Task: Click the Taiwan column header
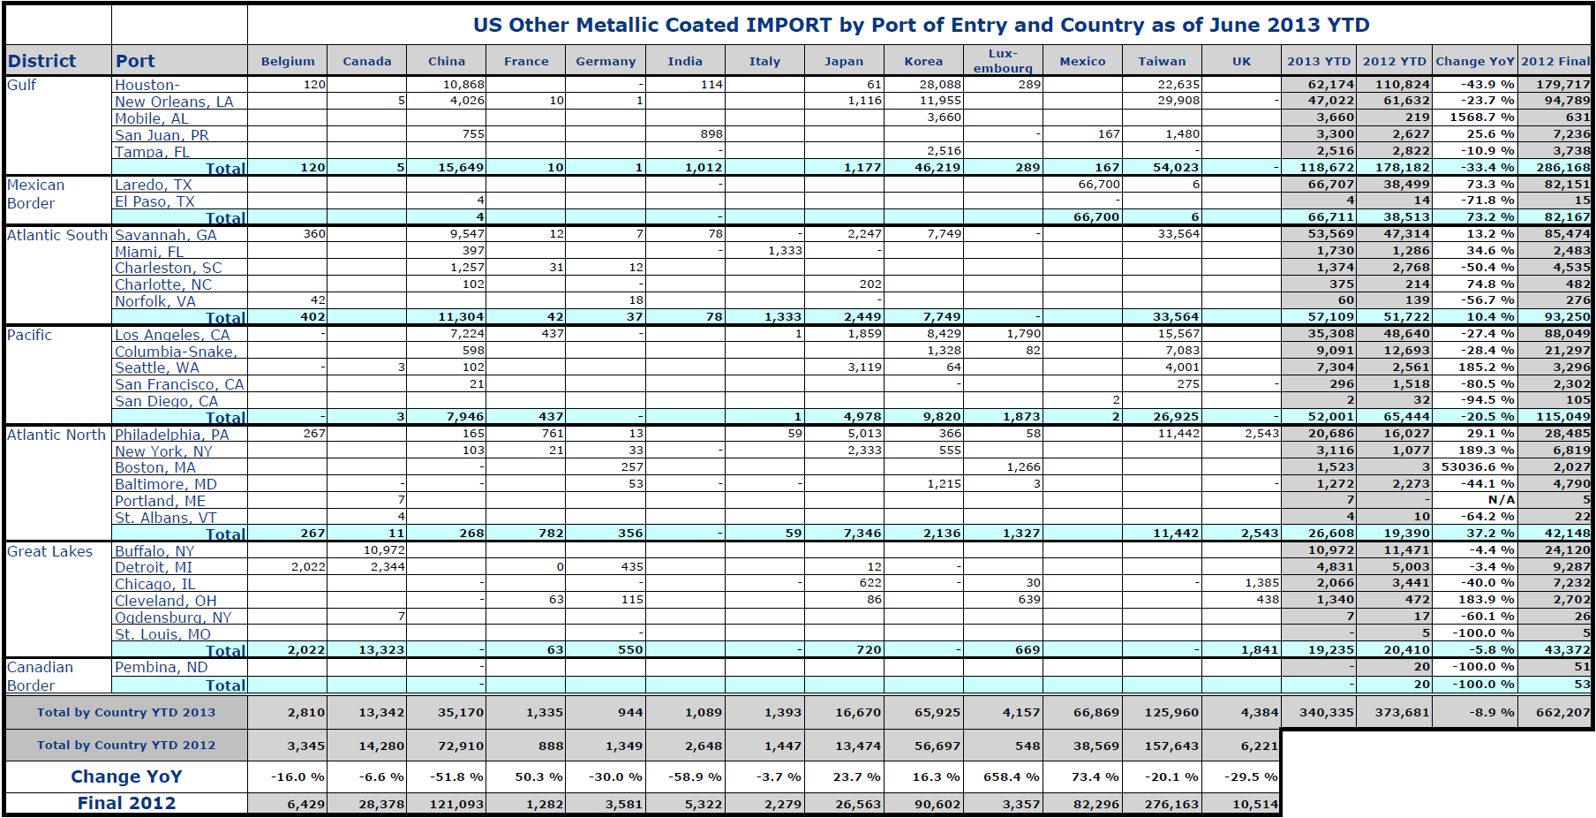click(x=1162, y=61)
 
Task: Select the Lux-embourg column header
click(x=1003, y=60)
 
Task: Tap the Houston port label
click(x=147, y=85)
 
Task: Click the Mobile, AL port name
click(x=152, y=118)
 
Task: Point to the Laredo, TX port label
click(x=154, y=185)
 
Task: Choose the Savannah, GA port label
click(x=166, y=235)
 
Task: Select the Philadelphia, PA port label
click(x=172, y=435)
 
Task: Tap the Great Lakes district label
click(x=50, y=551)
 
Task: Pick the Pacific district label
click(x=30, y=335)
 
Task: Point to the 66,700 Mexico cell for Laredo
click(x=1099, y=184)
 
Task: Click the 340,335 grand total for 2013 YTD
click(x=1327, y=712)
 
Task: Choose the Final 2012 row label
click(x=126, y=803)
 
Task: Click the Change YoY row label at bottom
click(x=126, y=776)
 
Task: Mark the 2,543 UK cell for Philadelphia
click(x=1261, y=434)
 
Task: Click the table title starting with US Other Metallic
click(x=921, y=25)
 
